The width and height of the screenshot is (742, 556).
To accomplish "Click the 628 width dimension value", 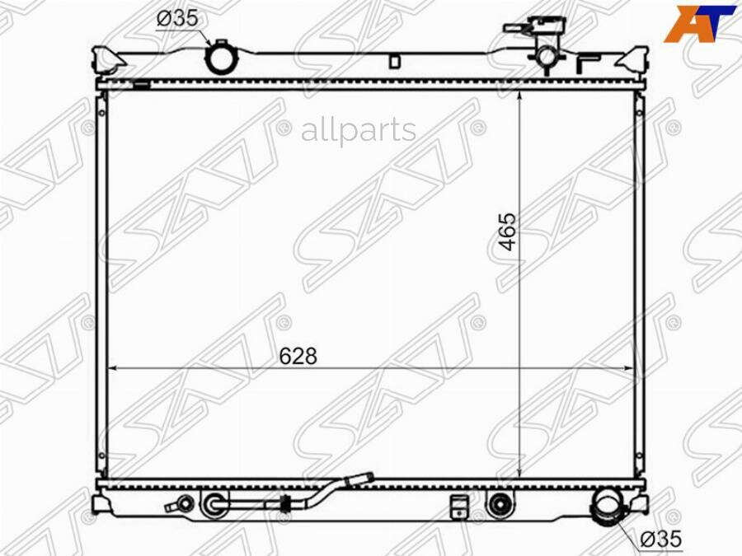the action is coord(298,356).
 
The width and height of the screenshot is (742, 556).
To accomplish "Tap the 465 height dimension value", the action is coord(509,231).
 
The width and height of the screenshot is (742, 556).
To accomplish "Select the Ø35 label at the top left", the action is coord(177,19).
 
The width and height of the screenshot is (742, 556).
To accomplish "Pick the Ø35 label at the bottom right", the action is coord(661,539).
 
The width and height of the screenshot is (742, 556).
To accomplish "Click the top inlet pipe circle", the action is coord(220,58).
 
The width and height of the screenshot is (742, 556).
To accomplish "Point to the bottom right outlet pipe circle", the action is coord(607,505).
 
